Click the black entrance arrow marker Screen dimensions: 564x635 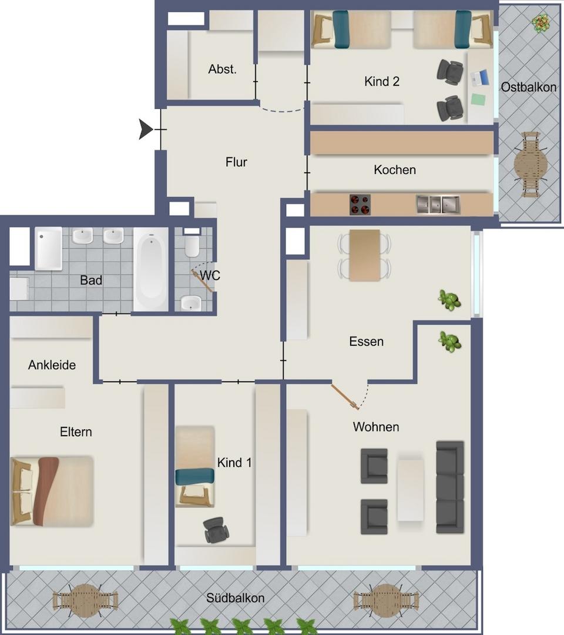click(x=145, y=129)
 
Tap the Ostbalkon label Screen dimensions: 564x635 click(x=528, y=87)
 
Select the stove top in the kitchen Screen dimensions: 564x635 click(x=360, y=205)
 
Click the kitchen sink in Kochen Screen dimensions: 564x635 click(x=438, y=204)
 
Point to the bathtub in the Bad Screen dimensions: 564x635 click(x=150, y=269)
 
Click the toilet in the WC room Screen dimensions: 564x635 click(x=192, y=243)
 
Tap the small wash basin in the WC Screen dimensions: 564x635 click(x=190, y=303)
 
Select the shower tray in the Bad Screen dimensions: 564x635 click(x=49, y=248)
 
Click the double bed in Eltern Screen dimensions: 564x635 click(x=52, y=491)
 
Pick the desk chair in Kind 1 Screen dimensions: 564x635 click(x=216, y=530)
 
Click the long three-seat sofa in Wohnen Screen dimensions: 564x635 click(x=450, y=487)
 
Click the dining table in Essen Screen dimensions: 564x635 click(x=364, y=255)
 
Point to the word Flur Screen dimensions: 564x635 click(x=236, y=162)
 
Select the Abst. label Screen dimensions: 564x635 click(x=222, y=69)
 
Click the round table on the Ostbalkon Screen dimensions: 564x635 click(x=531, y=165)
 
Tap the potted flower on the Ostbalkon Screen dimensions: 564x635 click(x=541, y=23)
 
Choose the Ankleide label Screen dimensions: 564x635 click(x=52, y=365)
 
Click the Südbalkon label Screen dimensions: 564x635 click(x=236, y=598)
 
